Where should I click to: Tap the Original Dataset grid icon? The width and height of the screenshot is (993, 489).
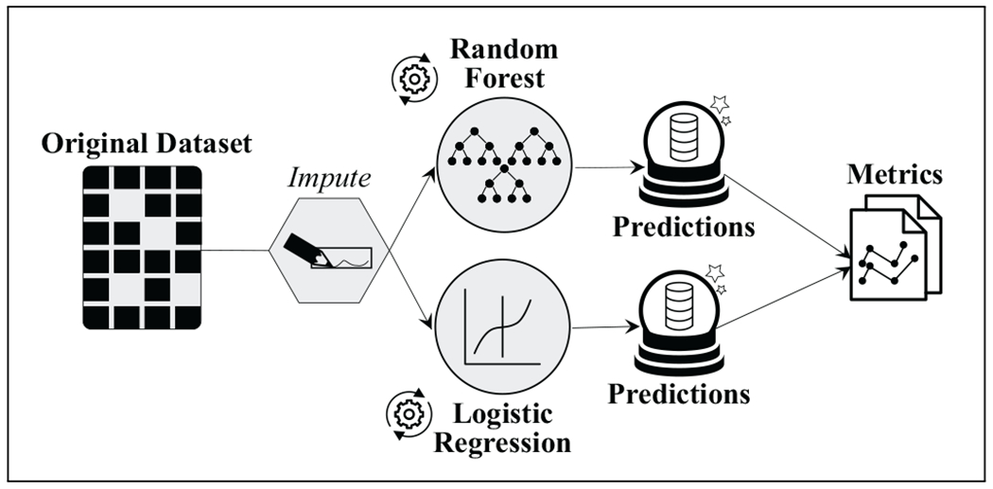(x=142, y=248)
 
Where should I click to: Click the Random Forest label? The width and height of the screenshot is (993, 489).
(x=503, y=62)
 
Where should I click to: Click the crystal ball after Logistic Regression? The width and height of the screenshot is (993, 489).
(x=677, y=325)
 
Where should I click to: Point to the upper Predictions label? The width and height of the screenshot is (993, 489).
(x=683, y=228)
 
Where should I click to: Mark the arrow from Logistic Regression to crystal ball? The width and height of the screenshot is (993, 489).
(x=601, y=328)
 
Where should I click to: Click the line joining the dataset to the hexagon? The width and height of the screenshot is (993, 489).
(x=236, y=251)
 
